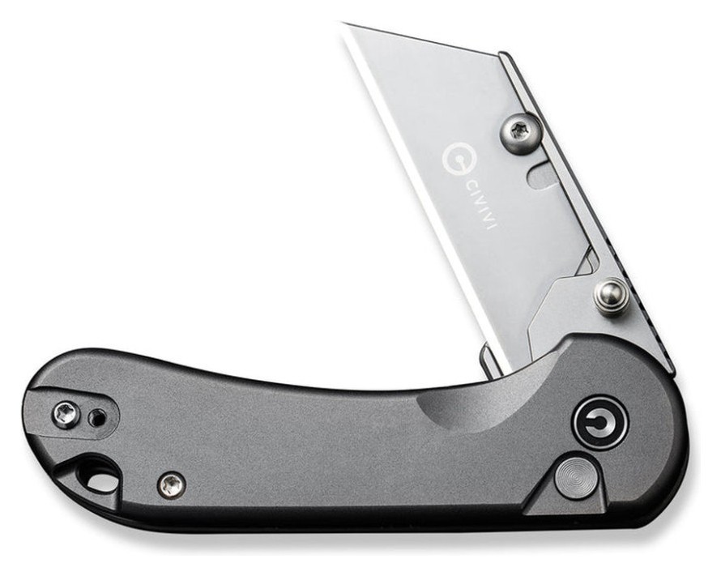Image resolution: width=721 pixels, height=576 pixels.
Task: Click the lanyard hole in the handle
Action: coord(96,476)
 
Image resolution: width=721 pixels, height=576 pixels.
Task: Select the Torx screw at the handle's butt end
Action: coord(66,415)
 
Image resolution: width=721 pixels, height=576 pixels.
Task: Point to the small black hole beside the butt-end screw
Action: coord(97,418)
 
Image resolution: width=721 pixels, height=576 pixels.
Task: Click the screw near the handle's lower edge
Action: coord(170,484)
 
